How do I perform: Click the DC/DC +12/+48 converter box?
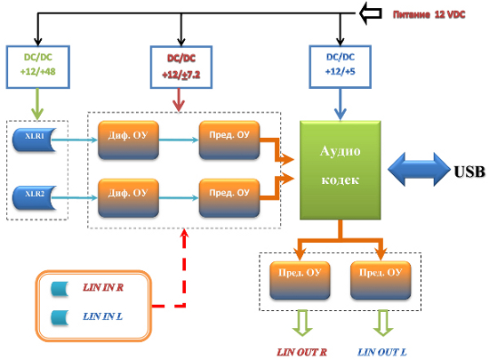[x=37, y=67]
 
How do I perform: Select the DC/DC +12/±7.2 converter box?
[x=181, y=68]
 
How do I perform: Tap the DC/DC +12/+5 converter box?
[x=340, y=67]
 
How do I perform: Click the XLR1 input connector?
[x=35, y=140]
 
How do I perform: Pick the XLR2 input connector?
[x=35, y=197]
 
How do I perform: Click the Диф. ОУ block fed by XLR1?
[x=128, y=140]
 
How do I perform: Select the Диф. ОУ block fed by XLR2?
[x=128, y=198]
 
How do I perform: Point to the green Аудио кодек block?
[x=341, y=170]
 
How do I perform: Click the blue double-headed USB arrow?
[x=419, y=169]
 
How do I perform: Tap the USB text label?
[x=469, y=172]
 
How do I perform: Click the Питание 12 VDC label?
[x=429, y=14]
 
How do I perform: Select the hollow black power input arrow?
[x=371, y=13]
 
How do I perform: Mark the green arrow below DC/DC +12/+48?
[x=37, y=104]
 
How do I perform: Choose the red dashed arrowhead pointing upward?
[x=185, y=234]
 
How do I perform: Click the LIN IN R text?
[x=103, y=287]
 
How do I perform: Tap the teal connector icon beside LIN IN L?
[x=60, y=317]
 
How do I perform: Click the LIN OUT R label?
[x=301, y=352]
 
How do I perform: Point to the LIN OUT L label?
[x=382, y=352]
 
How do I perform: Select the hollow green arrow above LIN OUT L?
[x=382, y=323]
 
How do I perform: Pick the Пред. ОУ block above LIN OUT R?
[x=300, y=281]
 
